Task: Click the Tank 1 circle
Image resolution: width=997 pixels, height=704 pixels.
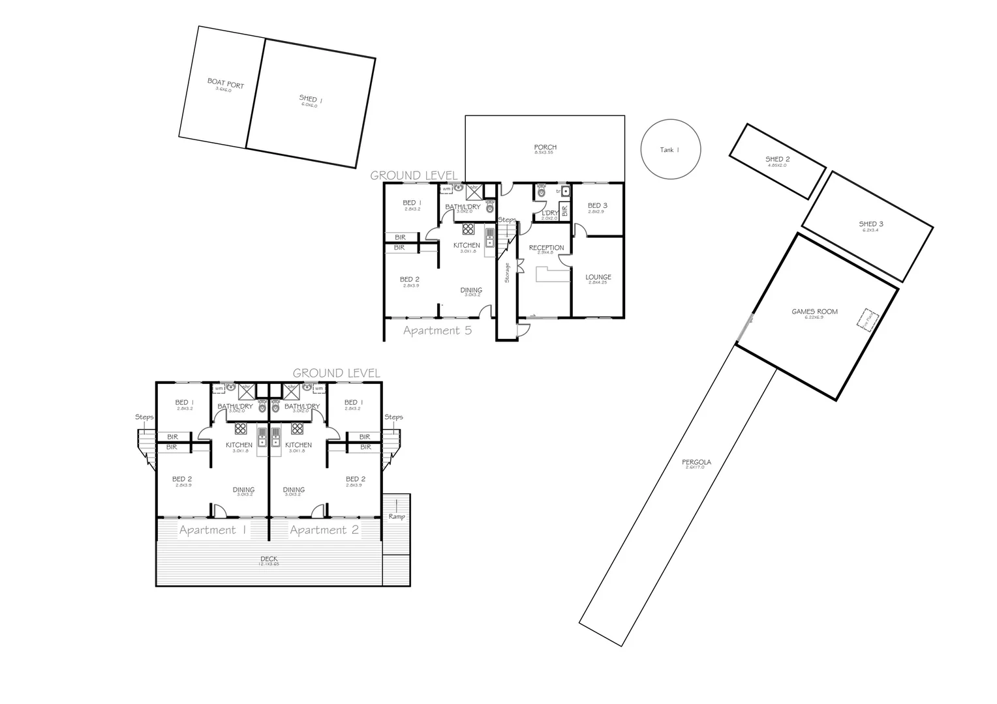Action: (x=671, y=149)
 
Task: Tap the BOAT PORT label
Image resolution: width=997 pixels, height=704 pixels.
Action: (x=225, y=84)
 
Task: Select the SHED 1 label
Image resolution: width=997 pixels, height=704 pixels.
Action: (x=311, y=100)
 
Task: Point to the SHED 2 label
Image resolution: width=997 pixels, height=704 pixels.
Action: (x=778, y=160)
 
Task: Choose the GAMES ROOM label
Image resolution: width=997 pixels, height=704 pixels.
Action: (x=814, y=312)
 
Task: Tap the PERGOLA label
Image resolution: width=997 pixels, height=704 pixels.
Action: (x=696, y=463)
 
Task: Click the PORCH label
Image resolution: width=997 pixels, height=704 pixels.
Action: (x=545, y=147)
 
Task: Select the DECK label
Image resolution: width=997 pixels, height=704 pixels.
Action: (x=269, y=559)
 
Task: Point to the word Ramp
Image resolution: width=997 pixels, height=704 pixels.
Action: (x=397, y=517)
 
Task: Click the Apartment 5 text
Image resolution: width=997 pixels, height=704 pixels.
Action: (x=437, y=330)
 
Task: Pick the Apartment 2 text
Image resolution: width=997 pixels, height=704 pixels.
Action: (x=324, y=530)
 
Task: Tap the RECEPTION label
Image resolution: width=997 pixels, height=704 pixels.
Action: (x=546, y=248)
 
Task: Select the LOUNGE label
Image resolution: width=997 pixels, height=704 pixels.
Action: (x=598, y=277)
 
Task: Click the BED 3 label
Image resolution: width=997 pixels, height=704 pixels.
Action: (x=597, y=206)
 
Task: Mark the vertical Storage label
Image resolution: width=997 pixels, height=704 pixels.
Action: (x=506, y=272)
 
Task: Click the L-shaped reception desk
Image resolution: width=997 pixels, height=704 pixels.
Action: (x=547, y=274)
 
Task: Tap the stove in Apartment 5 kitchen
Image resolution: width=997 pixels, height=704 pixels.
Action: (x=468, y=229)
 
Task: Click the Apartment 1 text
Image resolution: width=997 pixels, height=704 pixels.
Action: (x=212, y=530)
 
